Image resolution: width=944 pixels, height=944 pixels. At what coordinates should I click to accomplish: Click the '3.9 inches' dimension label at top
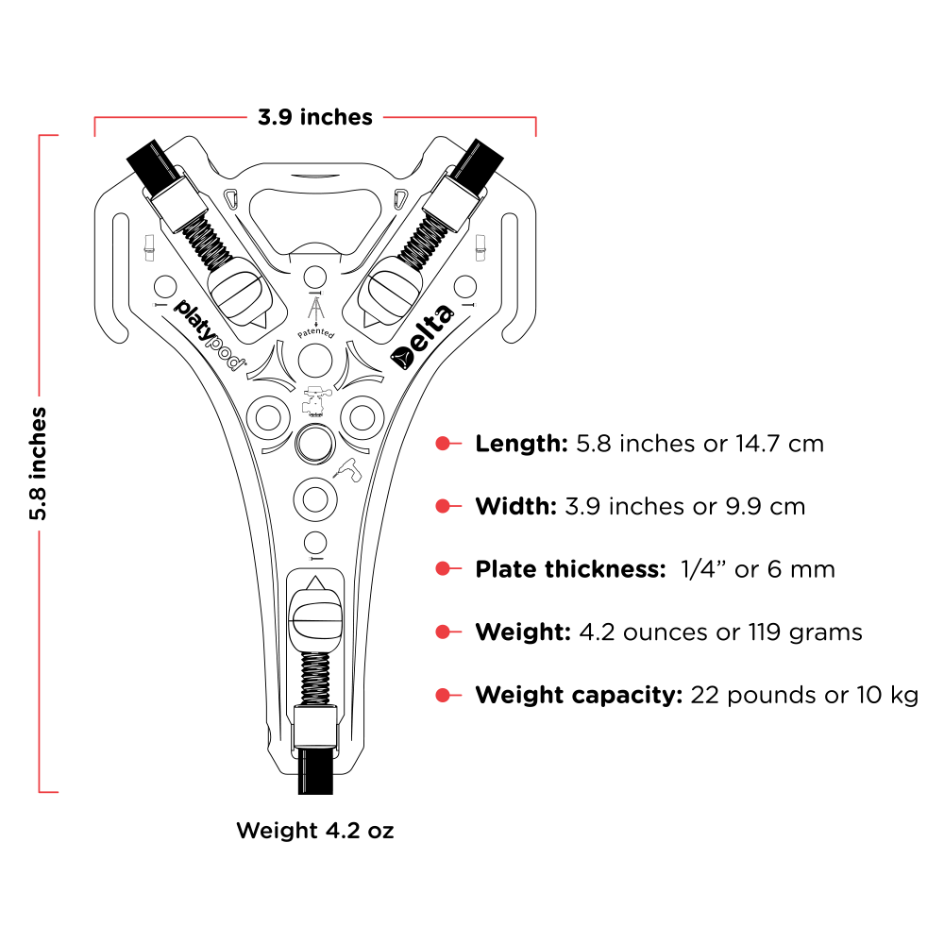(315, 117)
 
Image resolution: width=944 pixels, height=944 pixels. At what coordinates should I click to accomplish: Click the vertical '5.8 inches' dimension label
(38, 464)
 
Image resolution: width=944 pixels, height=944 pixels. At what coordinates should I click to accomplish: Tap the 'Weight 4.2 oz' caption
(314, 831)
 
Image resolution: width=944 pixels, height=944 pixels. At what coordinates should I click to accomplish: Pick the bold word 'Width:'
(515, 507)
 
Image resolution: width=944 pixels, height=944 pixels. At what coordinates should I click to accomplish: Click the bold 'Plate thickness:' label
(571, 569)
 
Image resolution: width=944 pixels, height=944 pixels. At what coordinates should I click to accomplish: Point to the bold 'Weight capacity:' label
(579, 696)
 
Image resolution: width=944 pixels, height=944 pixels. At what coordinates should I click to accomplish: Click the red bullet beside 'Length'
(442, 444)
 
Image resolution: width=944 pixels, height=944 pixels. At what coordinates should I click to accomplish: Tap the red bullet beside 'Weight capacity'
(442, 696)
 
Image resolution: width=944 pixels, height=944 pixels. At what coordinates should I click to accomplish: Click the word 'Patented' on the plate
(315, 334)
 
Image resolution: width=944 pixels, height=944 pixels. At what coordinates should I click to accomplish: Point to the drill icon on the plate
(347, 470)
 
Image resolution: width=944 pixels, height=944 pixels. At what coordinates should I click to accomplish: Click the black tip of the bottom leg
(314, 772)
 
